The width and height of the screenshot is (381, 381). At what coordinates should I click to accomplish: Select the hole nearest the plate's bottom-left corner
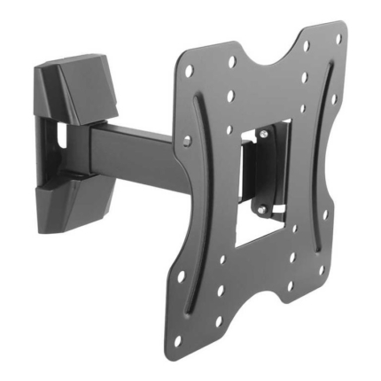point(178,340)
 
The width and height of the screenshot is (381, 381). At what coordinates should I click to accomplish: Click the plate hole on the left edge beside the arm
point(187,140)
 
